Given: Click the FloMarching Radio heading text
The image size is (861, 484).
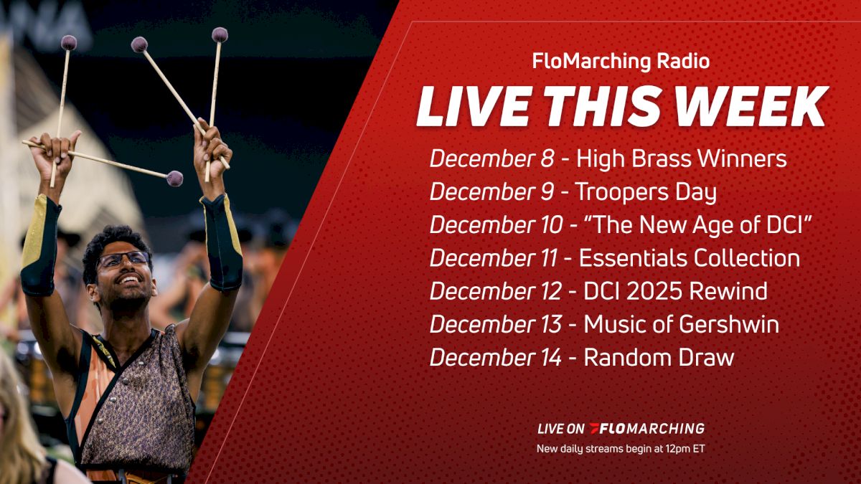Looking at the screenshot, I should pos(621,62).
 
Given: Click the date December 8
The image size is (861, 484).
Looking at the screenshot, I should pos(491,159).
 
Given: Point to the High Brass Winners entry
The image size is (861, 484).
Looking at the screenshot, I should pos(682,159).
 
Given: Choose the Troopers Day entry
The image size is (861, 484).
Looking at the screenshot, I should pos(646,192).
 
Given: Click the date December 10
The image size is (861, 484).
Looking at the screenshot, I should pos(496,225).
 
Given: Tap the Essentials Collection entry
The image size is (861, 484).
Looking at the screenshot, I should pos(689,258).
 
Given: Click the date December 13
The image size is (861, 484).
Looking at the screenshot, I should pos(496,324).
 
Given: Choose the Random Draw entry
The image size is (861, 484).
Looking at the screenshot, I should pos(659,357).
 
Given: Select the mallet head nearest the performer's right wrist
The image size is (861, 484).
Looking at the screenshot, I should pos(174,178).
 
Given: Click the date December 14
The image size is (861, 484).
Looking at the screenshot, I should pos(496,357).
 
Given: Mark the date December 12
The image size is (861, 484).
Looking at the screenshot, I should pos(496,291).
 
